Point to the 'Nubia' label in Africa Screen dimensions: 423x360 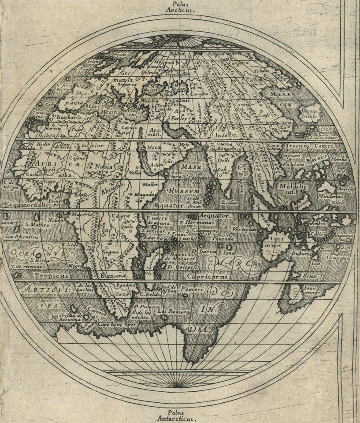pos(102,167)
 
